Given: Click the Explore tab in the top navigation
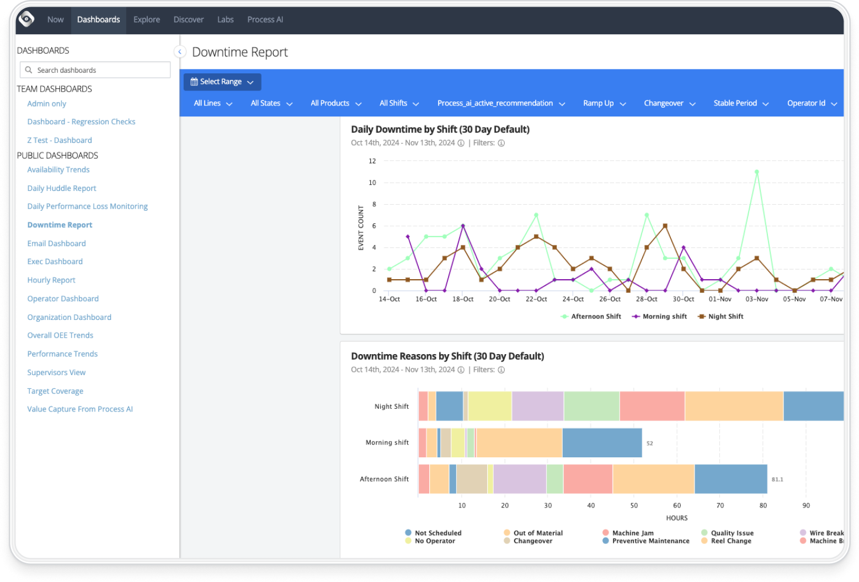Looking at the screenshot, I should coord(146,20).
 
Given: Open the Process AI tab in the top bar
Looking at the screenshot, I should coord(265,20).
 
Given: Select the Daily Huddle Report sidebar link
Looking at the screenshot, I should coord(62,188).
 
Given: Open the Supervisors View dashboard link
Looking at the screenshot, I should coord(56,372).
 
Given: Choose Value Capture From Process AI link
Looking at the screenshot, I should coord(80,409).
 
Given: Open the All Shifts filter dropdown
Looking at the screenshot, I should coord(399,104).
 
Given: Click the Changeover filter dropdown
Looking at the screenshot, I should coord(669,104).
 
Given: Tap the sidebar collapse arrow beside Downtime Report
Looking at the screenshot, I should coord(179,52).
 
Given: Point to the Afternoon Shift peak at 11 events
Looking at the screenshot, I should coord(756,172).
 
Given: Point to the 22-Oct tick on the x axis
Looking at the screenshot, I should coord(536,299).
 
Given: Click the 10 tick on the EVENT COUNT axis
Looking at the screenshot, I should coord(372,183).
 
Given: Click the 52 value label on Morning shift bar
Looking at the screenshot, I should coord(649,444).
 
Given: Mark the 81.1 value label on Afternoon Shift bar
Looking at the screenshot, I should coord(777,479).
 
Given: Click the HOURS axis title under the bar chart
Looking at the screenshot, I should coord(676,518).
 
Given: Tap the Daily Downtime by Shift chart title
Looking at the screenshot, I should coord(440,130).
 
